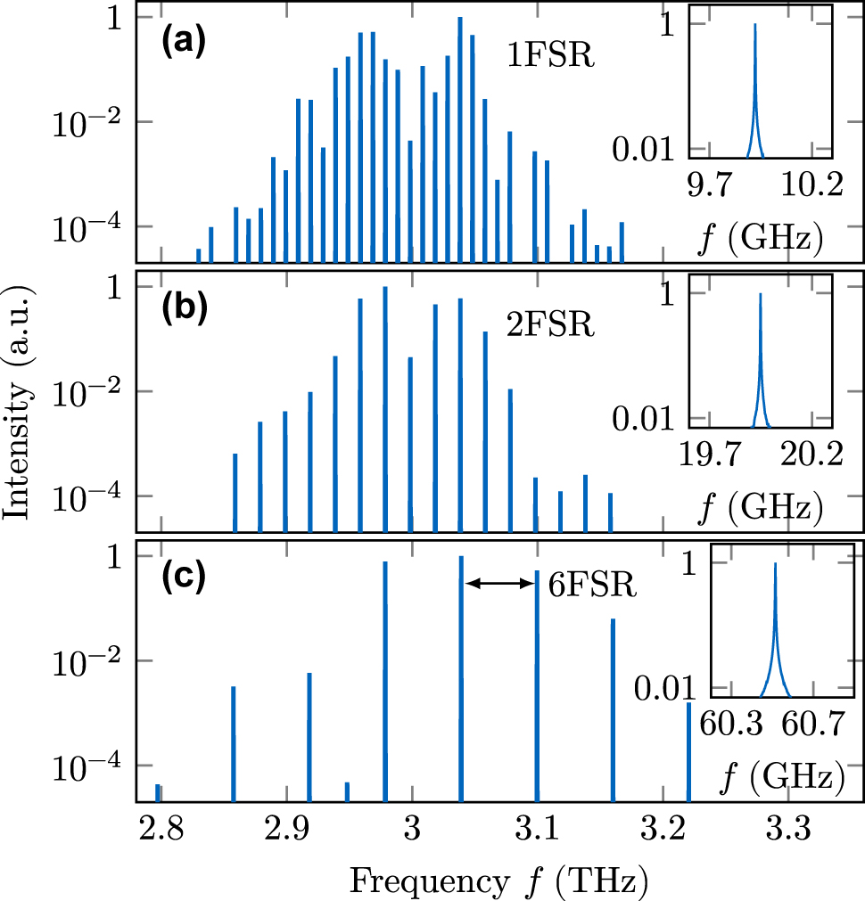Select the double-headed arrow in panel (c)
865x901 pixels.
[x=498, y=583]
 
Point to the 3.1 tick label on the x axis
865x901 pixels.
[x=537, y=832]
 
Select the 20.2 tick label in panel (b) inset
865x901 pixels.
[x=810, y=456]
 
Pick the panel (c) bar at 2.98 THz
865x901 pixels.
[x=385, y=682]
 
